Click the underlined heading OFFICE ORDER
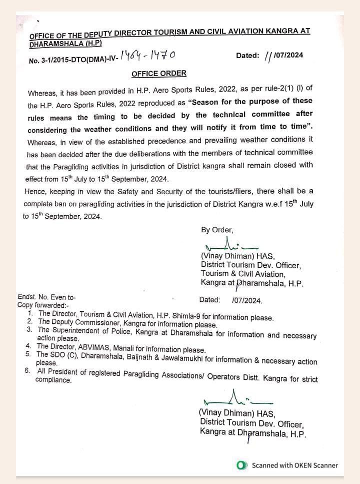[x=159, y=74]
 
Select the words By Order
[x=217, y=230]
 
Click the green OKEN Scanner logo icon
[x=242, y=465]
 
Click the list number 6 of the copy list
[x=26, y=371]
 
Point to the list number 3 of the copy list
[x=29, y=330]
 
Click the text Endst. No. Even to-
[x=46, y=296]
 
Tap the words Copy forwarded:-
[x=43, y=304]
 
